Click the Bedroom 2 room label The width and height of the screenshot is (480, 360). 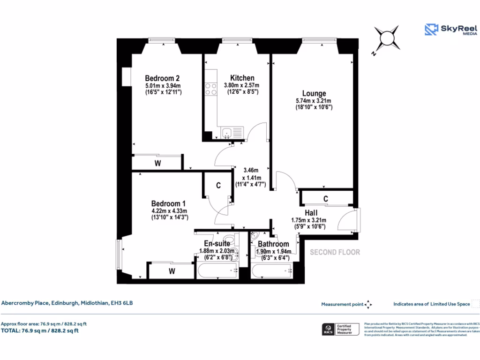(x=162, y=78)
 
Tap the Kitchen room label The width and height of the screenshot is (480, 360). (x=242, y=78)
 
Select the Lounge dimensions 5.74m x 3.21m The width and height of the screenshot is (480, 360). (x=314, y=101)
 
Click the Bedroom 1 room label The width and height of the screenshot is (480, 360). (x=168, y=203)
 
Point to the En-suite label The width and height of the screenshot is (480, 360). (x=217, y=243)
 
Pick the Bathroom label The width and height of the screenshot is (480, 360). (x=273, y=244)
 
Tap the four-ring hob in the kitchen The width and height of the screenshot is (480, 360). (x=210, y=89)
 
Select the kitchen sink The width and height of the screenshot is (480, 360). (x=227, y=133)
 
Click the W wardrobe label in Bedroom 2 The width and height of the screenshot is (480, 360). (x=158, y=164)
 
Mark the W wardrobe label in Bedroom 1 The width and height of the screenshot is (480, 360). (x=172, y=271)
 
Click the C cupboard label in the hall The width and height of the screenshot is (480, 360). (x=326, y=199)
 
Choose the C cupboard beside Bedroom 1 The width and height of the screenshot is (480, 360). (x=218, y=186)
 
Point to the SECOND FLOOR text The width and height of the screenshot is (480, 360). (x=335, y=252)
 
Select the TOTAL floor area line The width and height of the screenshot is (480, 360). (x=40, y=330)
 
